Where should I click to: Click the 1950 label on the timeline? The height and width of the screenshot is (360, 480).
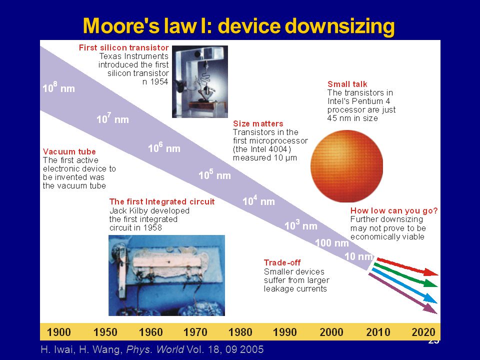[105, 332]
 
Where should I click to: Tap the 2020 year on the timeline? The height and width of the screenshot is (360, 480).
[423, 332]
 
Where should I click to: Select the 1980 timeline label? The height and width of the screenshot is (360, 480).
[240, 332]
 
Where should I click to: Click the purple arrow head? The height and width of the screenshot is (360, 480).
[436, 313]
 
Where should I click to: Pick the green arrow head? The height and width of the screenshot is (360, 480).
[437, 286]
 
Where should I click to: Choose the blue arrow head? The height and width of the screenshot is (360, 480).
[436, 302]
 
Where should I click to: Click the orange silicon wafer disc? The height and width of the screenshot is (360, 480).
[346, 166]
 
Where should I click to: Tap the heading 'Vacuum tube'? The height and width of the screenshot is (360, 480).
[69, 151]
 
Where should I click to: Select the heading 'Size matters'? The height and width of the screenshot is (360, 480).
[258, 123]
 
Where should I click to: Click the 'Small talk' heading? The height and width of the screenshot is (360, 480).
[347, 84]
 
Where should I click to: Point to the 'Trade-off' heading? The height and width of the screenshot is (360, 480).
[282, 262]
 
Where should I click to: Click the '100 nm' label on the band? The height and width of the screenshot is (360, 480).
[332, 243]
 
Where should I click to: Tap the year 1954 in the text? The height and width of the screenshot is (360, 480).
[159, 81]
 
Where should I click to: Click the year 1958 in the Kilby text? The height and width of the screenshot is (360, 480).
[153, 228]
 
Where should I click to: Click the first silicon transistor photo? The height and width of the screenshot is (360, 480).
[200, 81]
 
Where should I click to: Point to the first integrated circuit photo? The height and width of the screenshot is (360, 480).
[167, 275]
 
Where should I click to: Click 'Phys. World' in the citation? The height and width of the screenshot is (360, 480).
[155, 349]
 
